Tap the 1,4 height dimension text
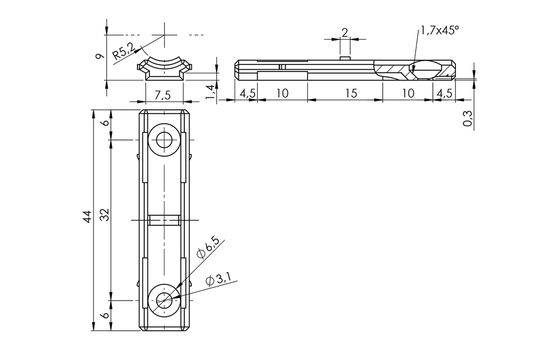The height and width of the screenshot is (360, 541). coord(210,91)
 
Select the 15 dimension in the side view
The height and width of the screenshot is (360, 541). coord(351,93)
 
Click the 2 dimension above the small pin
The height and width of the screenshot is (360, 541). coord(344,32)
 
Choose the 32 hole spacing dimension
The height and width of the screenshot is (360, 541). coord(105,214)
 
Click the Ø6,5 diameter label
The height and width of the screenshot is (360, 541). coord(208,247)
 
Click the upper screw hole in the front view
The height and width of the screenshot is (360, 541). coord(164,140)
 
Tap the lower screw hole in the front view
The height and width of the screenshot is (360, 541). coord(164,301)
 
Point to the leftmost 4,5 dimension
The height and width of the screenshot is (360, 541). coord(247,93)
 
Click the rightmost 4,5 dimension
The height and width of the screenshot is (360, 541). coord(445,93)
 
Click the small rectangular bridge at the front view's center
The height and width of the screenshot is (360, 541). coord(164,219)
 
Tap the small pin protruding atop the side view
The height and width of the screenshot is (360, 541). coord(345,57)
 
